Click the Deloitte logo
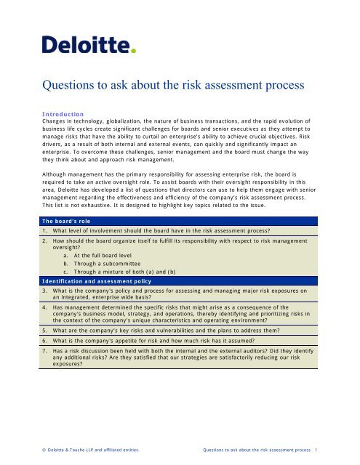click(88, 46)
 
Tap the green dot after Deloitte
click(133, 52)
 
